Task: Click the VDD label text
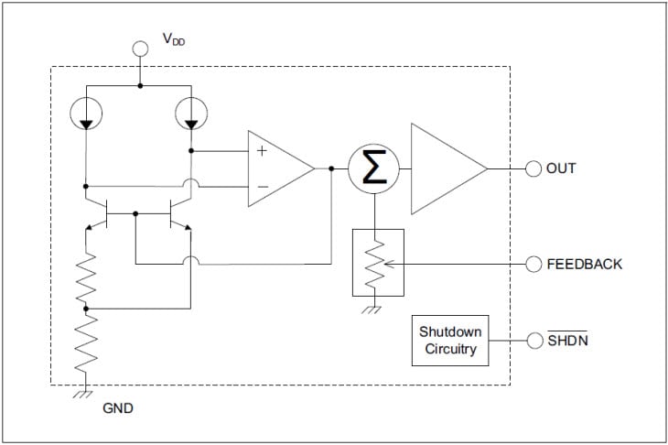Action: point(174,39)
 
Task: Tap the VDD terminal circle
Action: point(140,48)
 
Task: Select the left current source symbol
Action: point(85,113)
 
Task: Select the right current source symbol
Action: point(190,113)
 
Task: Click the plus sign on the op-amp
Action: point(262,150)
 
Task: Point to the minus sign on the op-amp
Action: point(262,187)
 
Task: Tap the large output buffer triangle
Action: point(445,168)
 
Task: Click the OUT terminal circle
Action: point(533,168)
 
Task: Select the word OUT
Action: point(561,168)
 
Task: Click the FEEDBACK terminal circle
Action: point(533,264)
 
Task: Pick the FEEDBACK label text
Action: point(584,264)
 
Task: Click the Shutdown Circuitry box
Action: point(449,340)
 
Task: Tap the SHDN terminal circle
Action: point(533,340)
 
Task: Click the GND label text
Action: point(118,408)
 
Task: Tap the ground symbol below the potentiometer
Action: point(371,309)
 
